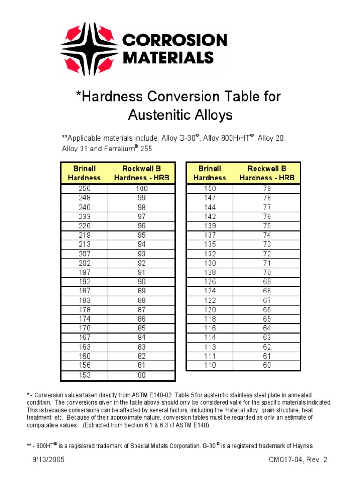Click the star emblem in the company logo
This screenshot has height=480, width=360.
click(89, 49)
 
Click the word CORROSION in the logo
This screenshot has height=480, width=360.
click(174, 40)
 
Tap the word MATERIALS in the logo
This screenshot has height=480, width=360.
click(168, 57)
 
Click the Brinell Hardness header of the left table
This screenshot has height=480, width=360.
click(84, 173)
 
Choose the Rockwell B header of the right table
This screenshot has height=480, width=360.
click(267, 173)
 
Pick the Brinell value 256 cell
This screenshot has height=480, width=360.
click(84, 188)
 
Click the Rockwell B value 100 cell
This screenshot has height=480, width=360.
click(142, 188)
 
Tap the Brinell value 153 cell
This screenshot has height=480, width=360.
click(84, 375)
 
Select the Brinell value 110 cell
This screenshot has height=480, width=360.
click(210, 365)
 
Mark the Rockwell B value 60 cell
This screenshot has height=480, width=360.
click(267, 365)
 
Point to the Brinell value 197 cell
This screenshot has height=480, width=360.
click(84, 272)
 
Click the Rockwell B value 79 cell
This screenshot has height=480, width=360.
click(267, 188)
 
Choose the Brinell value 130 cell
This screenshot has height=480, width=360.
click(210, 263)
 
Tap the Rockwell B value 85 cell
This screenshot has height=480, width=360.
click(142, 328)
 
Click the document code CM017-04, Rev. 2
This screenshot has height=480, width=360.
click(298, 460)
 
